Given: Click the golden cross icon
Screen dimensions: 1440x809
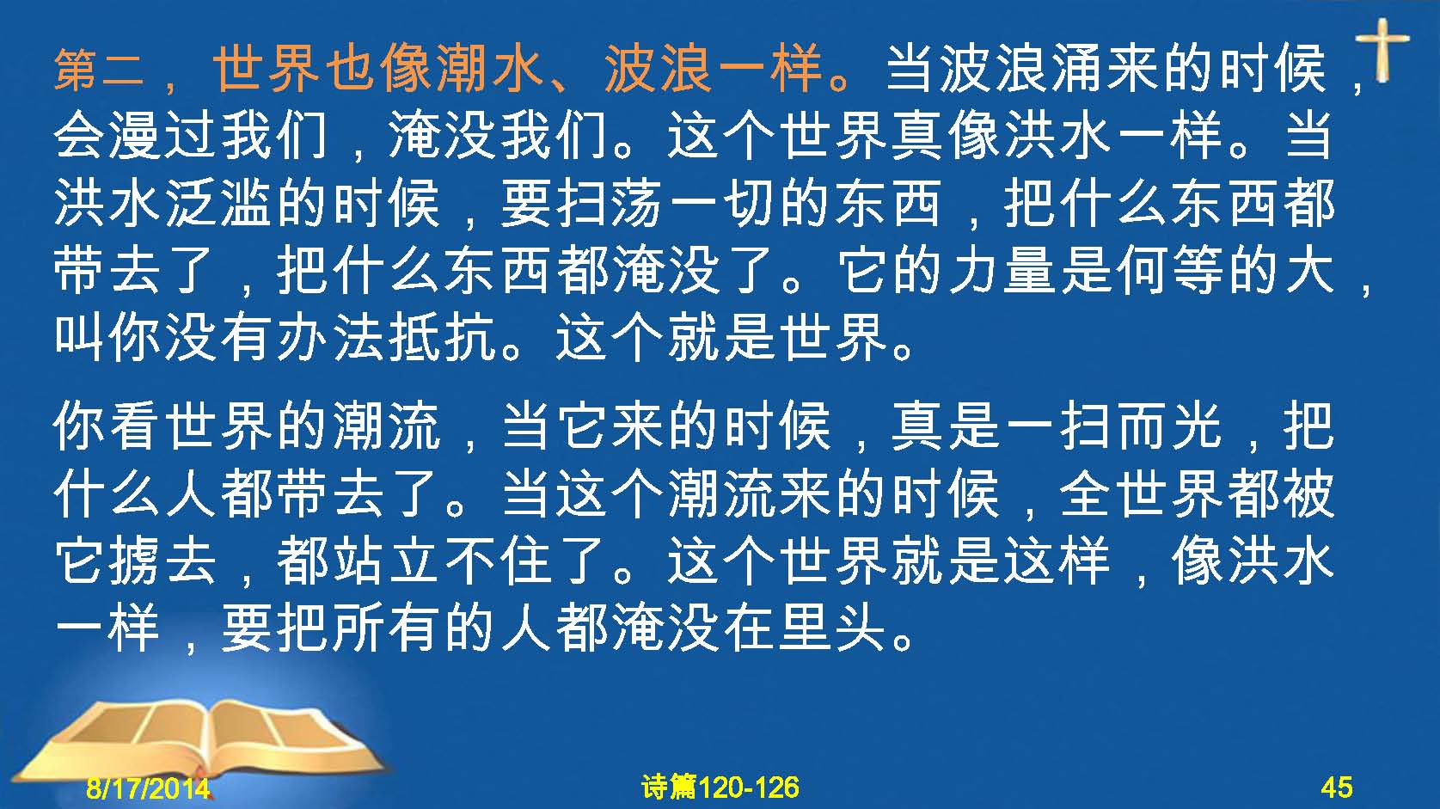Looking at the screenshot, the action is click(x=1382, y=50).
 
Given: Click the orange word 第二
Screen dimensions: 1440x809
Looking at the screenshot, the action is click(x=99, y=70).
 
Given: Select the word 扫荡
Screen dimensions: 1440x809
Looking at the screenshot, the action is click(x=610, y=204).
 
